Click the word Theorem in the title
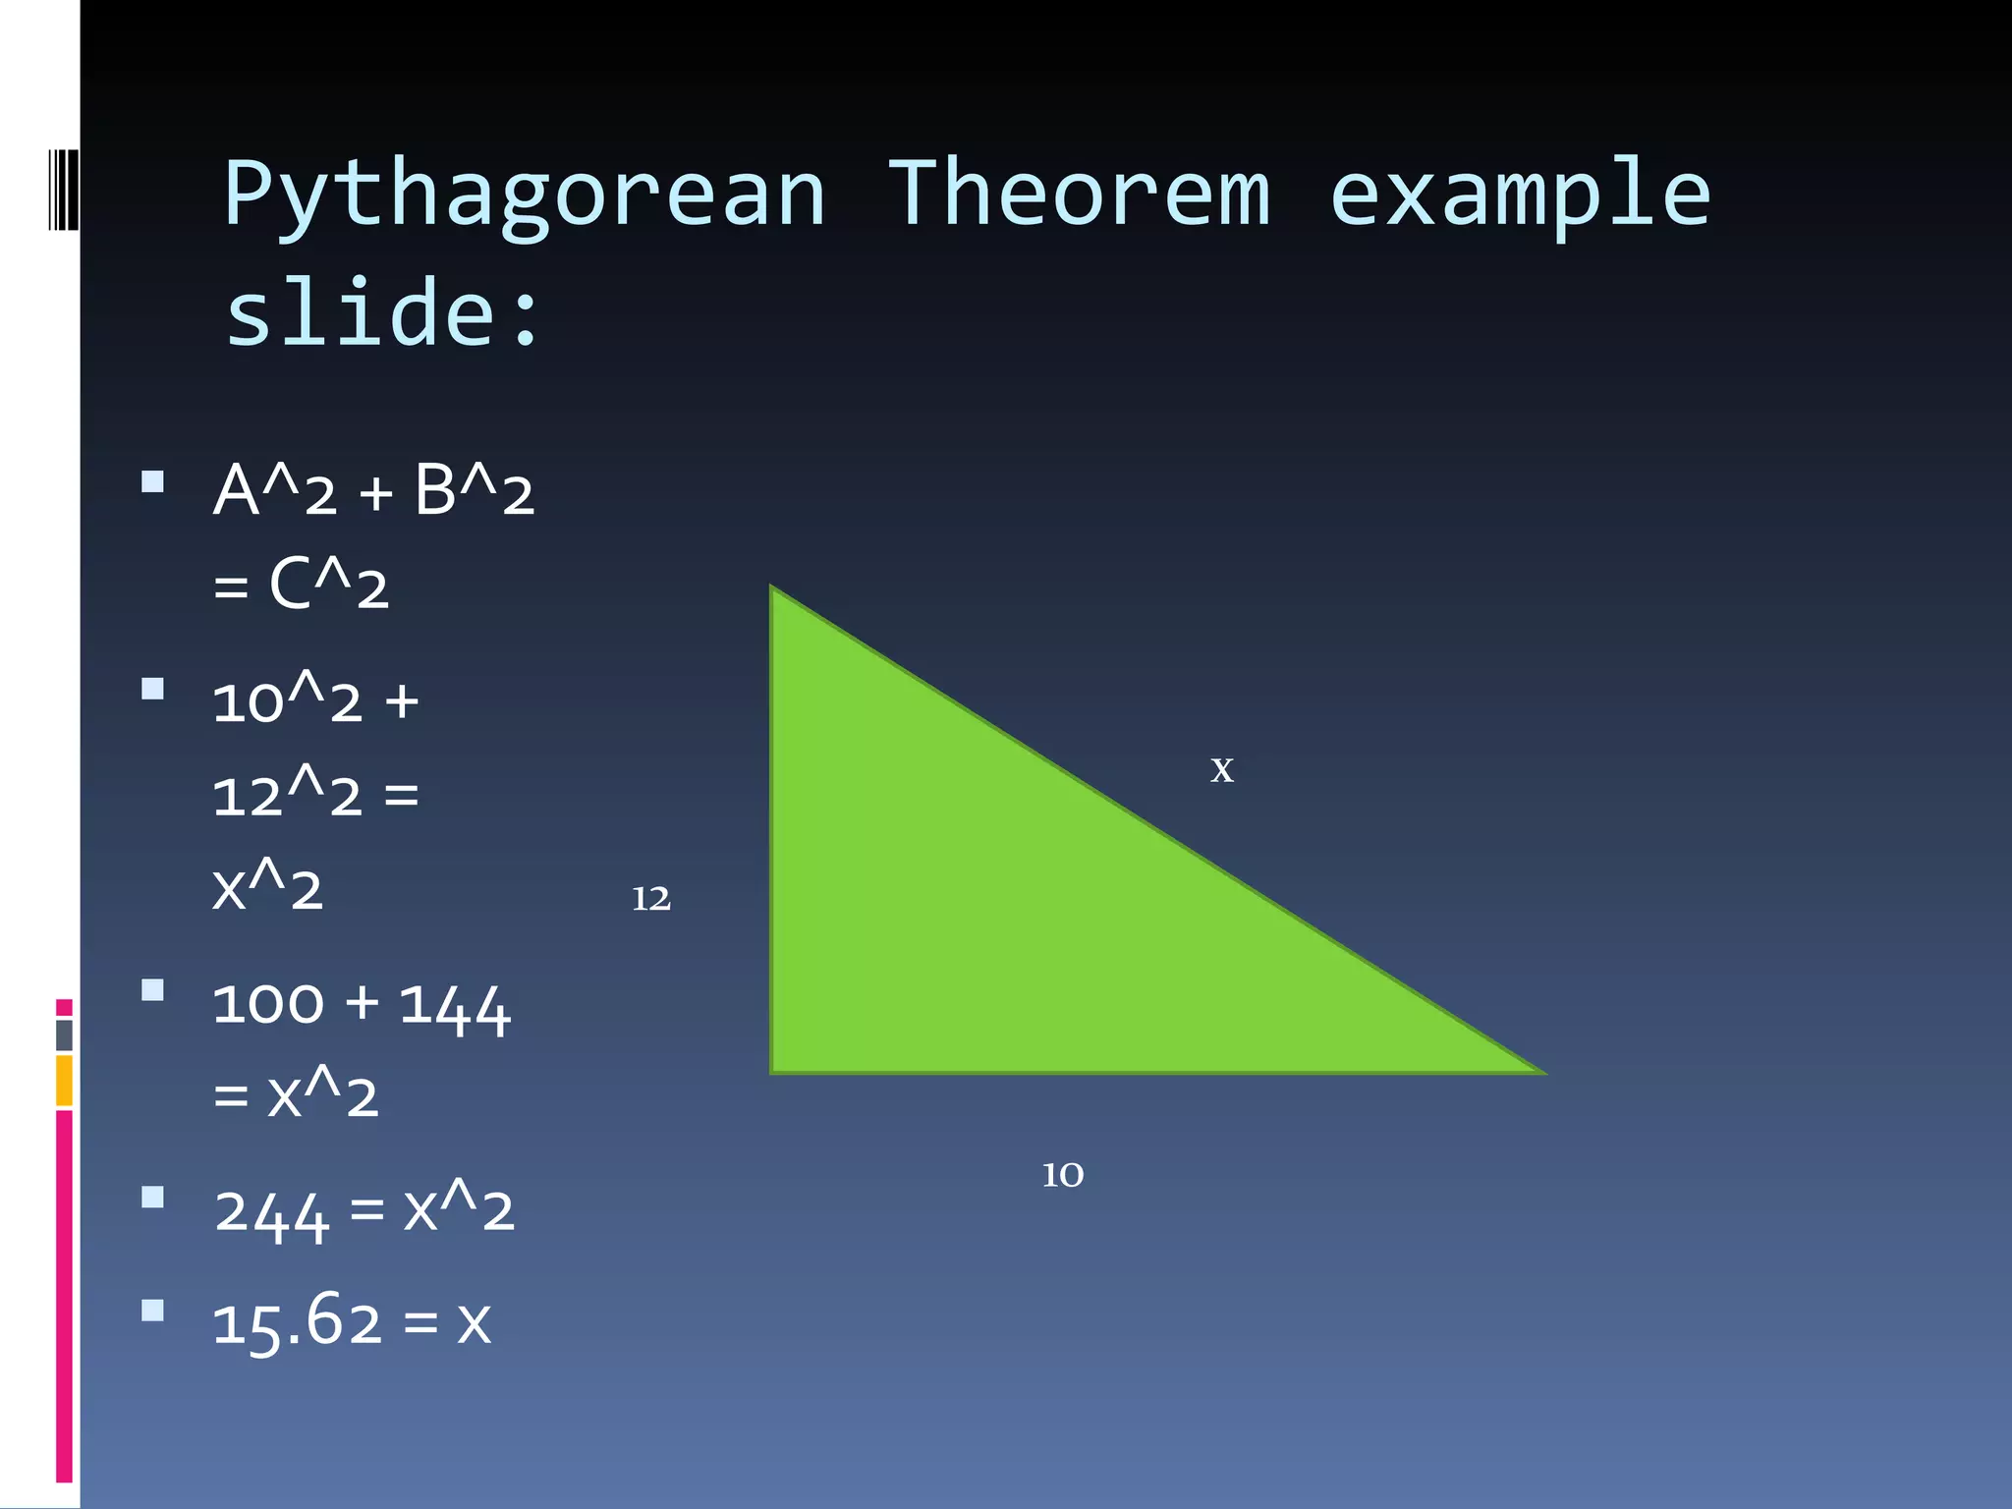tap(1079, 195)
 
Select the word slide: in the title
tap(383, 312)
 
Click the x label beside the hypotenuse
tap(1221, 769)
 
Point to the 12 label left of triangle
tap(650, 899)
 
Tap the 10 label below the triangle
tap(1062, 1175)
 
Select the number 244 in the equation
tap(271, 1212)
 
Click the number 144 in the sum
tap(455, 1006)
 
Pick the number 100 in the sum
tap(268, 1004)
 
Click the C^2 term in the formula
tap(328, 585)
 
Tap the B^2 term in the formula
tap(474, 490)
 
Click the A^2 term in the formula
tap(275, 490)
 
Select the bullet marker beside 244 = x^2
tap(152, 1197)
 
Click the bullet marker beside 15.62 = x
tap(152, 1311)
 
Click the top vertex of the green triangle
tap(773, 590)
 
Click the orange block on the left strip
tap(64, 1080)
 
